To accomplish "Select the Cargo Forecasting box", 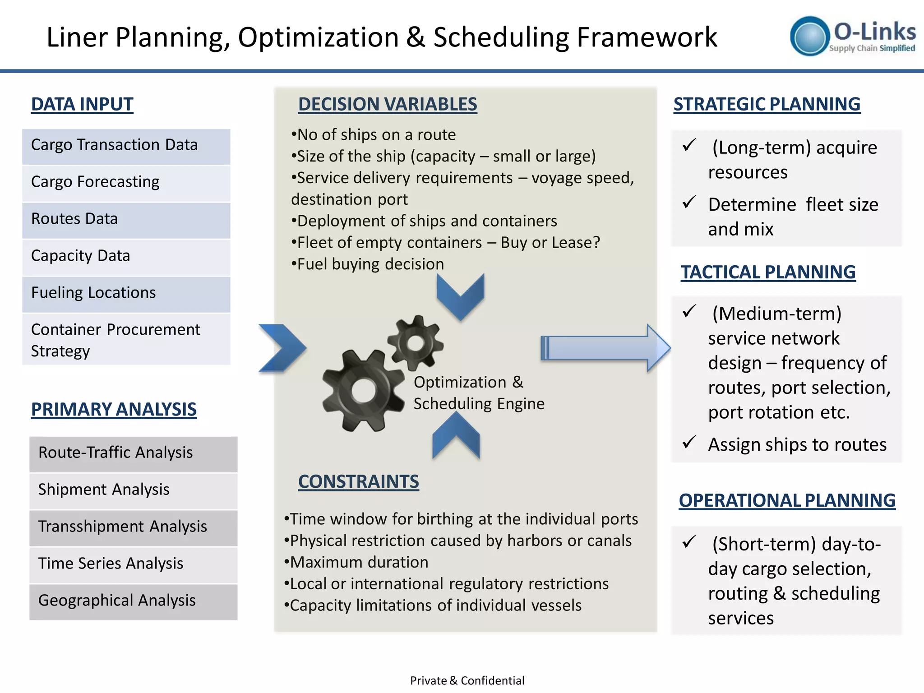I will [126, 182].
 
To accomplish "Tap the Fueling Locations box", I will [126, 293].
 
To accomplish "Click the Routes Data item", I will [126, 219].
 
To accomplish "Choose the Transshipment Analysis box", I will [133, 527].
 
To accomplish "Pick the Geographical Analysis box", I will [133, 601].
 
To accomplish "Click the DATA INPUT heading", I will [82, 104].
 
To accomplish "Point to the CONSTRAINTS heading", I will [358, 481].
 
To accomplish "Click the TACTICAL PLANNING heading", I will [768, 272].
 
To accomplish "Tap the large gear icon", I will [363, 390].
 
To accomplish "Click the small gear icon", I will [416, 343].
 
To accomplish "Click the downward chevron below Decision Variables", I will [460, 296].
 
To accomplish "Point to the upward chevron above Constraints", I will [456, 436].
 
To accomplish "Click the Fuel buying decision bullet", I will [368, 264].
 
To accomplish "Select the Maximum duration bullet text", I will [356, 562].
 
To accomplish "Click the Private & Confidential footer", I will [467, 680].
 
